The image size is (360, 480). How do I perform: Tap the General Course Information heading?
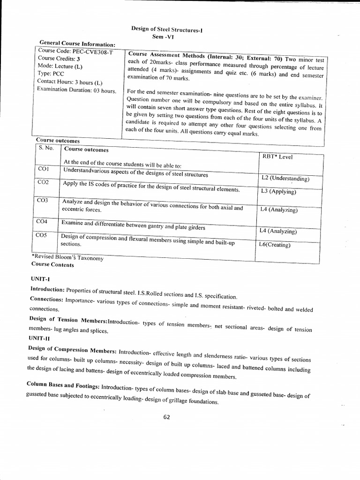coord(77,44)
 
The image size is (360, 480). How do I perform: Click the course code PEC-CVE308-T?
coord(76,51)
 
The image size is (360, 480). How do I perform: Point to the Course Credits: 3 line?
coord(59,59)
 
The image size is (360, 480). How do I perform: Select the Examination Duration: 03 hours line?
coord(76,90)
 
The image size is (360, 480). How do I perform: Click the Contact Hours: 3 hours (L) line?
coord(69,82)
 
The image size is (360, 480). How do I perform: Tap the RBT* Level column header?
coord(277,157)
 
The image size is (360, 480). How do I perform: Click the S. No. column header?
coord(46,148)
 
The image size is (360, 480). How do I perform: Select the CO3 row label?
coord(43,200)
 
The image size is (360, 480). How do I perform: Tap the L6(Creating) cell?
coord(275,245)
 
